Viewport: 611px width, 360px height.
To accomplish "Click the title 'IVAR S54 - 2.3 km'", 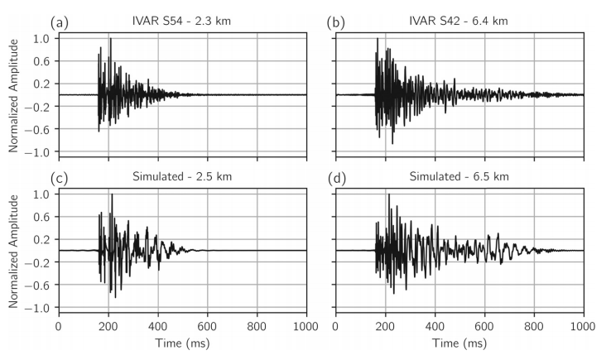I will pos(182,20).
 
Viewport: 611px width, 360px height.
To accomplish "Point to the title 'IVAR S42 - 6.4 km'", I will pos(460,20).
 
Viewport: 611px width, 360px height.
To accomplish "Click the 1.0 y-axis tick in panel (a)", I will pos(41,38).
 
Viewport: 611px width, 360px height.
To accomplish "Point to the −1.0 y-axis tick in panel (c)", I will pos(38,307).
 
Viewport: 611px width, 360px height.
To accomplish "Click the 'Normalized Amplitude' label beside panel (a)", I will pos(14,94).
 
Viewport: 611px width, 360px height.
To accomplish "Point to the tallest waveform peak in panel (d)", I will pos(388,194).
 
